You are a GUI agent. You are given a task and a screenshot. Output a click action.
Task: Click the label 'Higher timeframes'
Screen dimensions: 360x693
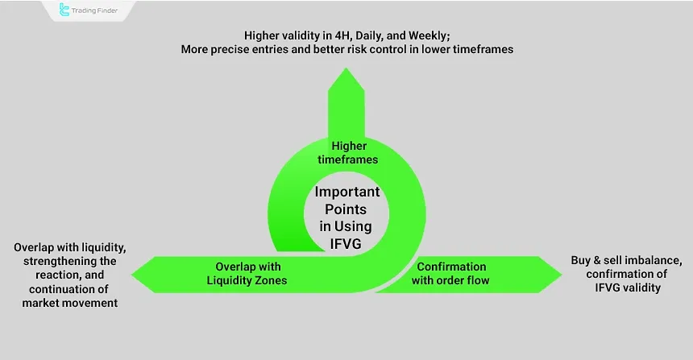[x=349, y=153]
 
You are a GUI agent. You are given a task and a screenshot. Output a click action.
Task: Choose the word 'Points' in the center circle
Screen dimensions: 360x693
[x=349, y=208]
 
